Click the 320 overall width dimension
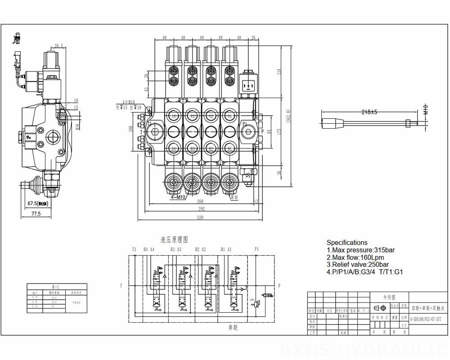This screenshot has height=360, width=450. pyautogui.click(x=200, y=218)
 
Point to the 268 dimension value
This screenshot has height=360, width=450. pyautogui.click(x=200, y=202)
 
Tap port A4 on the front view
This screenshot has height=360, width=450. pyautogui.click(x=173, y=116)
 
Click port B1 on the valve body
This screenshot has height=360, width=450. pyautogui.click(x=229, y=148)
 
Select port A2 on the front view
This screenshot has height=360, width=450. pyautogui.click(x=211, y=116)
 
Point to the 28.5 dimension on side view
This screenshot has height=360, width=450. pyautogui.click(x=58, y=46)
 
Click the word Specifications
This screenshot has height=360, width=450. pyautogui.click(x=347, y=243)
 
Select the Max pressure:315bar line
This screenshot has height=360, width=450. pyautogui.click(x=360, y=250)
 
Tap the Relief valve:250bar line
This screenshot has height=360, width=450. pyautogui.click(x=358, y=265)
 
